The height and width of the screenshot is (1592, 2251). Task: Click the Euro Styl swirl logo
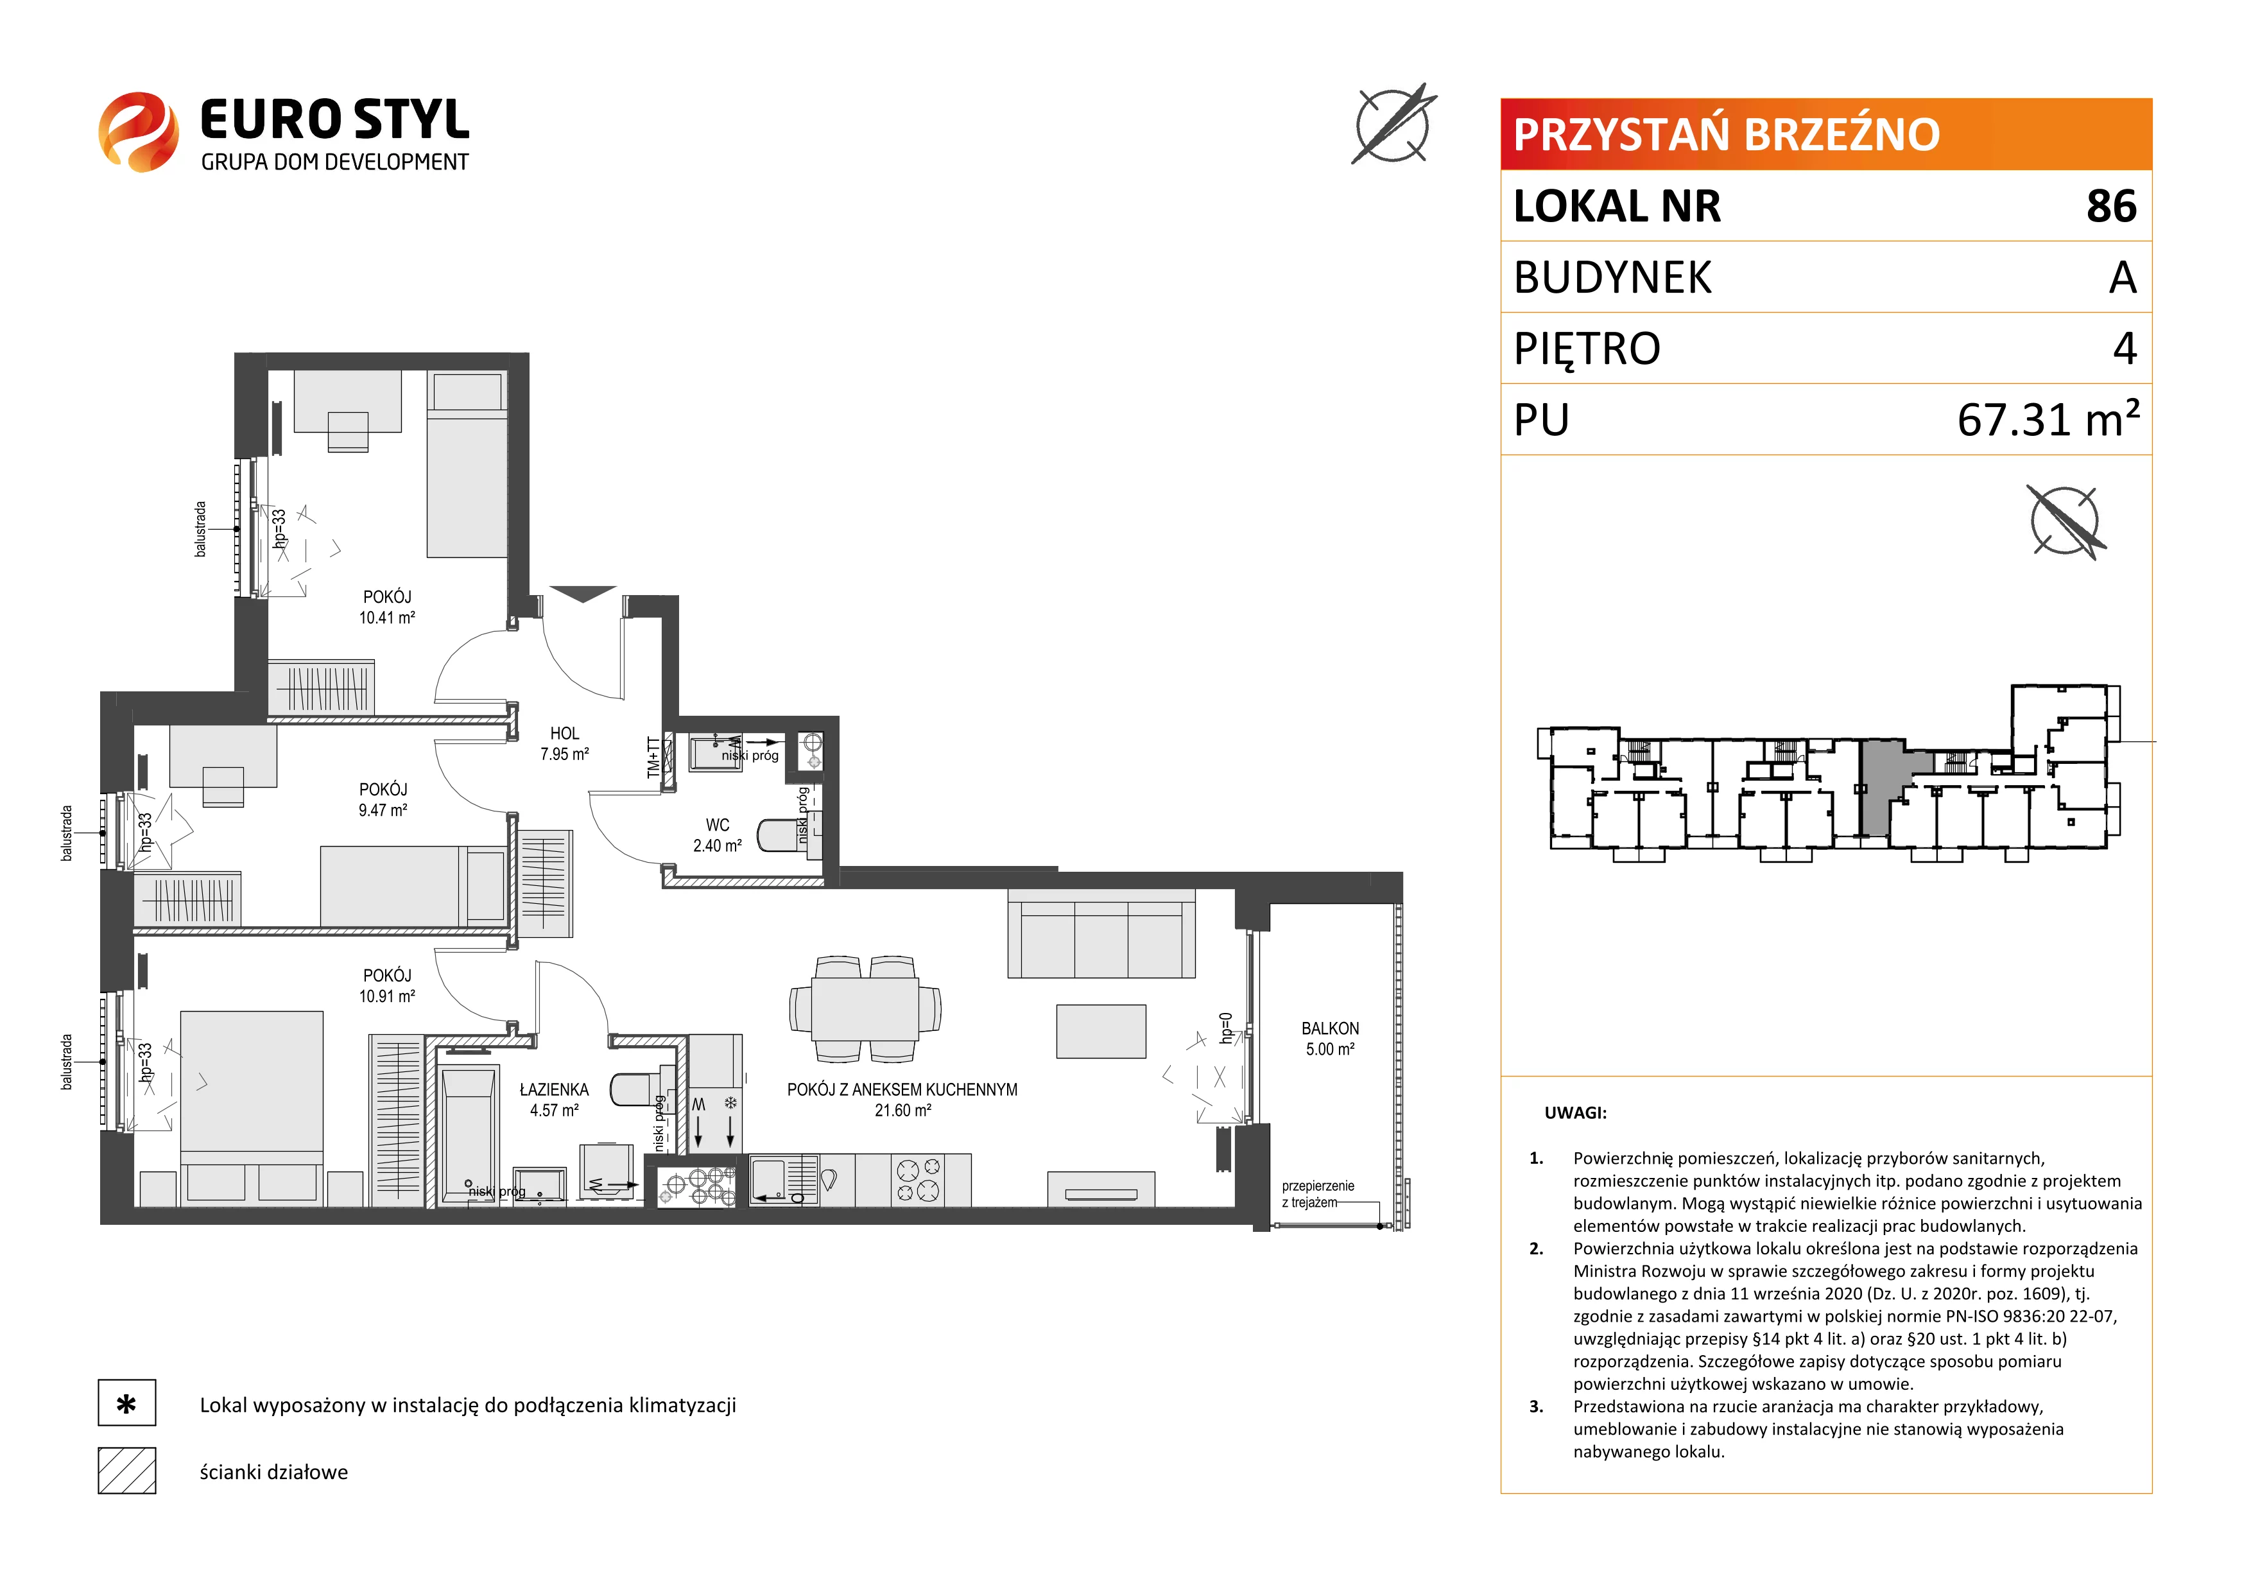coord(138,132)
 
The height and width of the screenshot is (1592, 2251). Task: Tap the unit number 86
coord(2111,206)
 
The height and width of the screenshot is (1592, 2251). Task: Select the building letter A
coord(2123,277)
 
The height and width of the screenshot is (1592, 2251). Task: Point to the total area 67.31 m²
coord(2048,419)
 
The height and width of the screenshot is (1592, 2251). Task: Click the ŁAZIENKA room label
coord(554,1089)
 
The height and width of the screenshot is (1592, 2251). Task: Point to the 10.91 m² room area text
coord(386,996)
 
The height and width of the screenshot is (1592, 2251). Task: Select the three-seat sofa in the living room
coord(1101,934)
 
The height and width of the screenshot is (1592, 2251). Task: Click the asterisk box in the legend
coord(126,1403)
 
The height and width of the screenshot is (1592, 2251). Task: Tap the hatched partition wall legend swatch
coord(126,1471)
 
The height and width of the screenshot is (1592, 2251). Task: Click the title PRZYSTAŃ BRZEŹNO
coord(1727,134)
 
